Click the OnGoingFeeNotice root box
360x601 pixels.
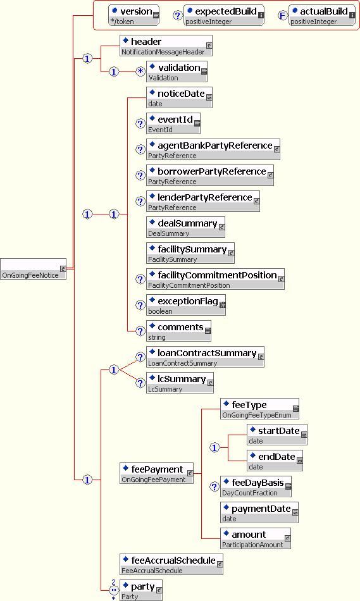pyautogui.click(x=34, y=269)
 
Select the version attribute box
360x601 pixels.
pyautogui.click(x=133, y=15)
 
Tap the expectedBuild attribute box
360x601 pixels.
pyautogui.click(x=224, y=15)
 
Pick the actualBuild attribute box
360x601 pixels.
pyautogui.click(x=322, y=15)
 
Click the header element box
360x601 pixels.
pyautogui.click(x=166, y=46)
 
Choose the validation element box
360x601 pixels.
pyautogui.click(x=177, y=71)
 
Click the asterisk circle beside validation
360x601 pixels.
pyautogui.click(x=140, y=71)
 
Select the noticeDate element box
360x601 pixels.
pyautogui.click(x=180, y=97)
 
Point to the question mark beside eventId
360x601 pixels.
pyautogui.click(x=140, y=124)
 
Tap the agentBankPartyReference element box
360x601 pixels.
pyautogui.click(x=213, y=149)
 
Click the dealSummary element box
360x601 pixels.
pyautogui.click(x=185, y=227)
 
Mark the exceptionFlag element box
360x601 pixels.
pyautogui.click(x=186, y=305)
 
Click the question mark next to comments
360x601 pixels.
pyautogui.click(x=140, y=331)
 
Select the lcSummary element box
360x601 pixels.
pyautogui.click(x=180, y=383)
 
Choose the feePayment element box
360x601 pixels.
pyautogui.click(x=157, y=473)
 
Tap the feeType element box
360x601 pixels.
pyautogui.click(x=260, y=409)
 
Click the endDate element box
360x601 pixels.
pyautogui.click(x=275, y=461)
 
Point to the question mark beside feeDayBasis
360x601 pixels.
pyautogui.click(x=214, y=486)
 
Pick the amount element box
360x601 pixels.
pyautogui.click(x=256, y=538)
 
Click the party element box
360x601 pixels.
pyautogui.click(x=141, y=590)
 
